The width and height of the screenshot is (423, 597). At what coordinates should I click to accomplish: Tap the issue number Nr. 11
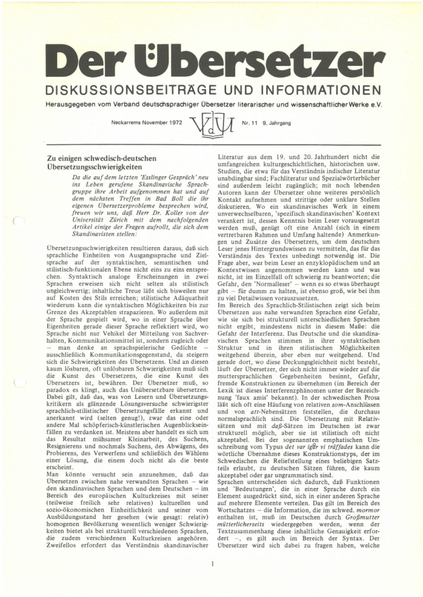click(250, 123)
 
